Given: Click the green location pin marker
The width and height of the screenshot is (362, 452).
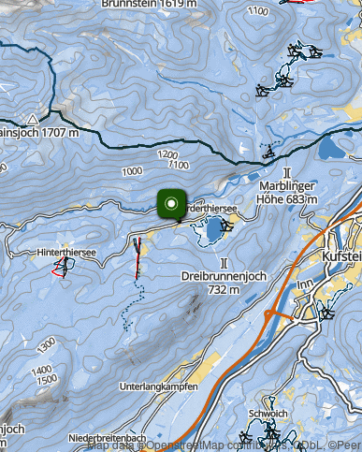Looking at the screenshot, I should [169, 204].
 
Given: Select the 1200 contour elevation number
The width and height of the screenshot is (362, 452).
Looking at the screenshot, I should [167, 153].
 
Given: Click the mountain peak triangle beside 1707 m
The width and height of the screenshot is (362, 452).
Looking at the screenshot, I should [33, 120].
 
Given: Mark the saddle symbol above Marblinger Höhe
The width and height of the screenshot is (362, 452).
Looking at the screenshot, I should [287, 171].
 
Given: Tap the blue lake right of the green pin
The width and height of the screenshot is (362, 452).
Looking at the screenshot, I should [214, 228].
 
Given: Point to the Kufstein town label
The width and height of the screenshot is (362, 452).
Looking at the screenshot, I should [340, 255].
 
